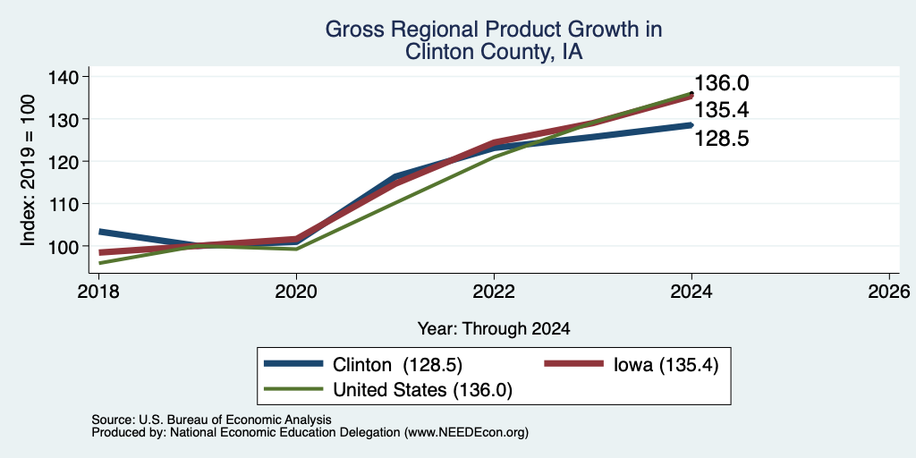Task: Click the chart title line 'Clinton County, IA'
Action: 494,52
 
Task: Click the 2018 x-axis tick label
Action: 98,292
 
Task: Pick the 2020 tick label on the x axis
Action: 296,292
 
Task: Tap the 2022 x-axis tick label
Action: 494,292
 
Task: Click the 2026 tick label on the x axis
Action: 889,292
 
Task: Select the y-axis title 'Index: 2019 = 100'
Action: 28,170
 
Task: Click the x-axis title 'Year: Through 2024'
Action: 494,329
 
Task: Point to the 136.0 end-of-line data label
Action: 722,83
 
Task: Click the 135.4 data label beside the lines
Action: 722,110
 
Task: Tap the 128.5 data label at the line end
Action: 722,139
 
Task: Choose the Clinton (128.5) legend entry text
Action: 397,365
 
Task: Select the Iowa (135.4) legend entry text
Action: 666,365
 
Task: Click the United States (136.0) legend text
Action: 422,390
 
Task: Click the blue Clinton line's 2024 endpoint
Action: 691,125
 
